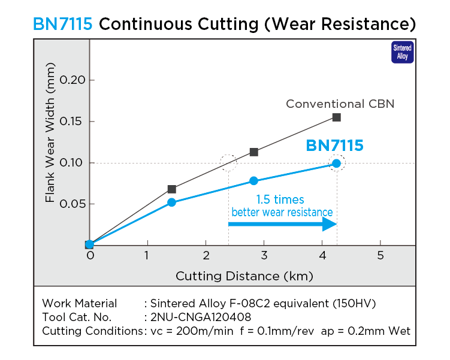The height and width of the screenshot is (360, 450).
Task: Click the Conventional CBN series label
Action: (340, 104)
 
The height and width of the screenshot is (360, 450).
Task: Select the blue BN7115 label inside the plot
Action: (334, 146)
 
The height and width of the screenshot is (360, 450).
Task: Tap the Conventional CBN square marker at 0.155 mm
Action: (336, 117)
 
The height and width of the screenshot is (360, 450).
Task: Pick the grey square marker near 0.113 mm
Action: (253, 152)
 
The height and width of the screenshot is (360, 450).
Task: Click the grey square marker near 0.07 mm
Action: (171, 189)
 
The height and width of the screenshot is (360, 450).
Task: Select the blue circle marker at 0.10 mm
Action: (336, 163)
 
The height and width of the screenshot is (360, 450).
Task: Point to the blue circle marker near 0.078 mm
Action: (253, 181)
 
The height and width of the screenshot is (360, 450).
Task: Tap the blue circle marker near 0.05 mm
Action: (171, 202)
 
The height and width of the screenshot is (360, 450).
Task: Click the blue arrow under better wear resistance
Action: (282, 224)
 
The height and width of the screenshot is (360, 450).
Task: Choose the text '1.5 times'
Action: (280, 199)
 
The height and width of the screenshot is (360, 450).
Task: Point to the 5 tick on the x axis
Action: (380, 255)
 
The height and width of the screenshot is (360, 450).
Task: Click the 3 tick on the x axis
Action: (264, 255)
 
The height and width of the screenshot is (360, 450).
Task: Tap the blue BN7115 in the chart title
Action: (63, 25)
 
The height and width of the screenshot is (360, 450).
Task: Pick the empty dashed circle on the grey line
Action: (228, 162)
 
